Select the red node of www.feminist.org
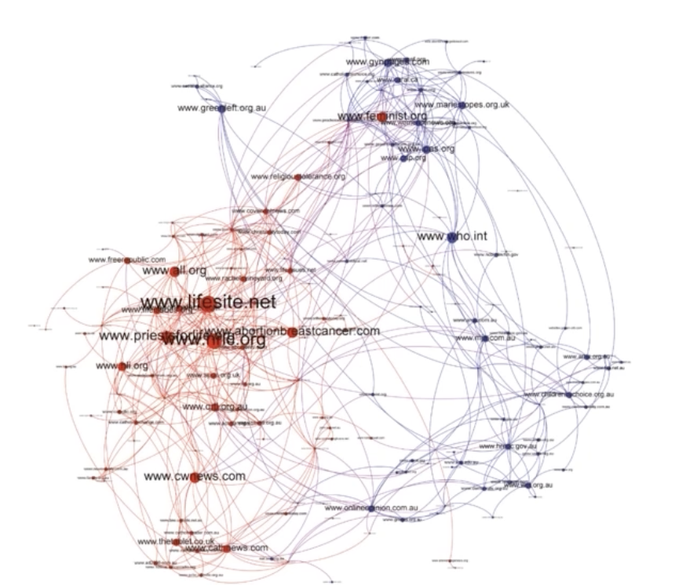(381, 117)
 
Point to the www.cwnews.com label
(194, 476)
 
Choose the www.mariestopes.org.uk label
(462, 104)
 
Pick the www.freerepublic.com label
(127, 260)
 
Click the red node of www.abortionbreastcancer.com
(292, 332)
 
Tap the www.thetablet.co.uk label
(168, 541)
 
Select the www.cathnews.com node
(226, 548)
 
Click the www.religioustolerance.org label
(297, 177)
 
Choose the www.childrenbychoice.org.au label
(568, 394)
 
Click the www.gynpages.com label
(389, 61)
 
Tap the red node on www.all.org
(174, 271)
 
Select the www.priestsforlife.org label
(149, 336)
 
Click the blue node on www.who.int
(451, 236)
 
